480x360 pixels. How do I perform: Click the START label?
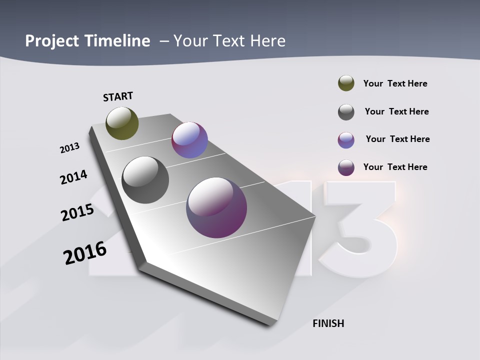click(x=118, y=96)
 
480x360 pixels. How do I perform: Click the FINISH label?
click(x=328, y=323)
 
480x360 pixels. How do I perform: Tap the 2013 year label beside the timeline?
click(x=69, y=148)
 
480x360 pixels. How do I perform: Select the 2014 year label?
click(x=73, y=177)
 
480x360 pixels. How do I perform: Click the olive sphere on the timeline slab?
click(x=122, y=123)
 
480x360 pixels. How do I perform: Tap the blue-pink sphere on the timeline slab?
click(x=189, y=140)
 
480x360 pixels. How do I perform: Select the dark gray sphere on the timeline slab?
click(x=145, y=180)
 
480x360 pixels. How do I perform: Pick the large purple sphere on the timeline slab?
click(x=216, y=207)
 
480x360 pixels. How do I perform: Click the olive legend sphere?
click(x=346, y=83)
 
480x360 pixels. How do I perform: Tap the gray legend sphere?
click(x=346, y=112)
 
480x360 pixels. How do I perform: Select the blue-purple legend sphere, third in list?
click(x=346, y=140)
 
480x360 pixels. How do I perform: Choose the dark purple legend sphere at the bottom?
click(x=346, y=167)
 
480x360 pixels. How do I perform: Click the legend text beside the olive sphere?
click(x=395, y=83)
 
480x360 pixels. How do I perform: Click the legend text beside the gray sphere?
click(x=396, y=111)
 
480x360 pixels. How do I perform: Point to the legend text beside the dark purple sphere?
click(x=395, y=167)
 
